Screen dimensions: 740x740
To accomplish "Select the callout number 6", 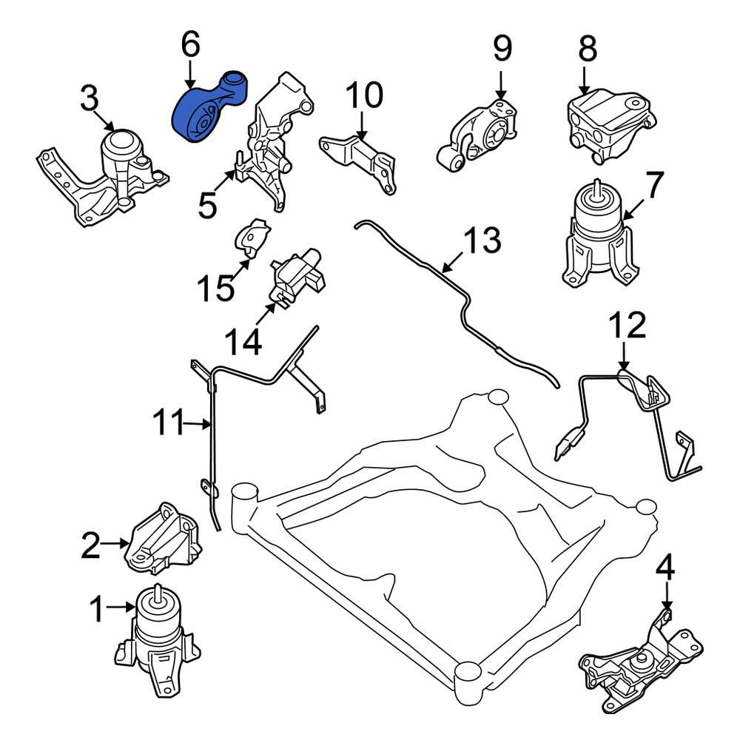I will click(x=190, y=45).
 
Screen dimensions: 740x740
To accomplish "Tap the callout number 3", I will click(x=89, y=99).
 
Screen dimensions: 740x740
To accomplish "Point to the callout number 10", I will click(x=364, y=95).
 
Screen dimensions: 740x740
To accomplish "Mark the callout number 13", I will click(x=483, y=240).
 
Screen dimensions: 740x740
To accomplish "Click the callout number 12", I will click(x=628, y=325).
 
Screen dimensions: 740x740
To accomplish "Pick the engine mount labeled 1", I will click(x=158, y=639).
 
